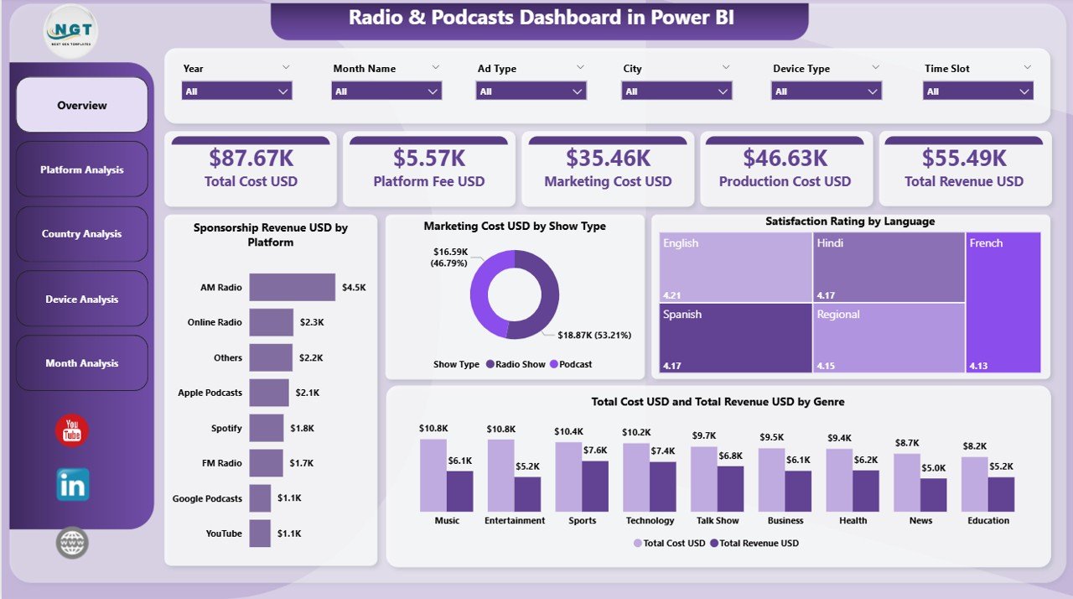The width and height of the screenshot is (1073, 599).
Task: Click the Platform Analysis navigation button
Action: (82, 169)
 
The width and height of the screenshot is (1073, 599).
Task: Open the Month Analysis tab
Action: (82, 363)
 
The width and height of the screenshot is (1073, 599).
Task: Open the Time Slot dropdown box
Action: (977, 91)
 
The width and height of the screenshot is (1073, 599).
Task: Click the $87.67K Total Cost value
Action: (251, 158)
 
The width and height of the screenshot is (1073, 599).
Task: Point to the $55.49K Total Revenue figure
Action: (963, 158)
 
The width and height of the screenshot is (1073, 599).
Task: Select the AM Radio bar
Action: (292, 287)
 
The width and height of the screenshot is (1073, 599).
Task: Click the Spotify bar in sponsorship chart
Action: (267, 428)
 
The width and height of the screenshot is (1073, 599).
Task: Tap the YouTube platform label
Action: (224, 534)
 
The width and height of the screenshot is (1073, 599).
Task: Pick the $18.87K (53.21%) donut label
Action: (594, 335)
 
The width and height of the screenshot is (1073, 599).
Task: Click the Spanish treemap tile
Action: (735, 338)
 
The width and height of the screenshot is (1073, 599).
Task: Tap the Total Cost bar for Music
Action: (433, 475)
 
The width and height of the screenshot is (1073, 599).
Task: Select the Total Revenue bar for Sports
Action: (595, 486)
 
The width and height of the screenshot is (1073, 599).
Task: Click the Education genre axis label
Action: (988, 520)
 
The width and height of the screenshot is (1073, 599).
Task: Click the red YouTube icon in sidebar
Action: (72, 431)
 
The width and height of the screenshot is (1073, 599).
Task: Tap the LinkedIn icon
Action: (73, 485)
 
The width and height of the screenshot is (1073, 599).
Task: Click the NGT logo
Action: (71, 31)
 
